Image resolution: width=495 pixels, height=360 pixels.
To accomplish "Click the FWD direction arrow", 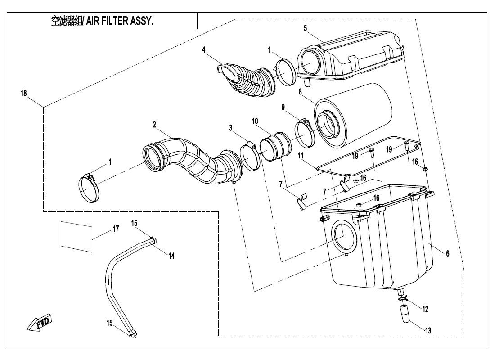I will tap(39, 323).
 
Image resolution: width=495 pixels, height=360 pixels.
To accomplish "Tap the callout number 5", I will tap(305, 28).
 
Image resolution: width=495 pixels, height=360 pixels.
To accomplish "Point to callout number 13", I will tap(428, 330).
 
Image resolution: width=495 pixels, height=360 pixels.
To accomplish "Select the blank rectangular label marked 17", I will tap(76, 234).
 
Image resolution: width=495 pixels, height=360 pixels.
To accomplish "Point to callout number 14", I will tap(171, 255).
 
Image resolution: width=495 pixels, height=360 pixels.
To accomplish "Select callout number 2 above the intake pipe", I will tap(154, 125).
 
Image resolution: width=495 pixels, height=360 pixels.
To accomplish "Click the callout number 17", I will tap(116, 229).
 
